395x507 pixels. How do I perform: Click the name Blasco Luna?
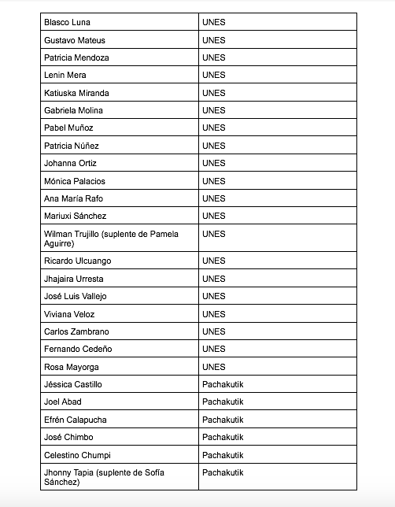click(x=68, y=22)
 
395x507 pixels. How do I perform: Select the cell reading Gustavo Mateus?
click(x=75, y=40)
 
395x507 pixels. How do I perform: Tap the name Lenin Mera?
click(x=65, y=76)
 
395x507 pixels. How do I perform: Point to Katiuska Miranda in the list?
click(x=76, y=93)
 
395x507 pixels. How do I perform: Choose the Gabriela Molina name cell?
click(x=74, y=110)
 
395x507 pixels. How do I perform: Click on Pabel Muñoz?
click(x=69, y=128)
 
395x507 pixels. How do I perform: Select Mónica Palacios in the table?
click(x=75, y=181)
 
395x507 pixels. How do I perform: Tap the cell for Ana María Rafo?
click(x=74, y=198)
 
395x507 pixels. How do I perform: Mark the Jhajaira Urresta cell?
click(x=74, y=279)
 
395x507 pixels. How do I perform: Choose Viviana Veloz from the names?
click(x=70, y=314)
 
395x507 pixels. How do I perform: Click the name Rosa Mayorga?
click(x=72, y=367)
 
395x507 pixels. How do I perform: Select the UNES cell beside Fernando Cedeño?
click(x=213, y=349)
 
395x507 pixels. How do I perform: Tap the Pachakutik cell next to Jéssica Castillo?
click(x=223, y=384)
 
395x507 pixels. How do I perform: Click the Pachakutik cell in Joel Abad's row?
click(x=223, y=402)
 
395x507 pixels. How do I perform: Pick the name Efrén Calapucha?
click(x=76, y=420)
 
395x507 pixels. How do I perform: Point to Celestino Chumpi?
click(x=77, y=455)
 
